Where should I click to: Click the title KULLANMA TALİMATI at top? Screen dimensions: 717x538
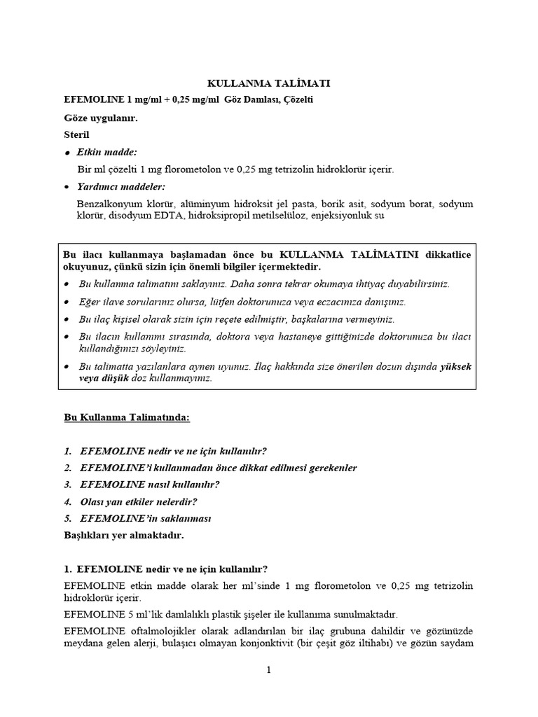pyautogui.click(x=268, y=83)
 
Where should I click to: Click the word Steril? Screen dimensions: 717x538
pyautogui.click(x=76, y=134)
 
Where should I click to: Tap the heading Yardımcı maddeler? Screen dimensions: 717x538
pyautogui.click(x=121, y=186)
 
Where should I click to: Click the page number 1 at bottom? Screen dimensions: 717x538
pyautogui.click(x=268, y=669)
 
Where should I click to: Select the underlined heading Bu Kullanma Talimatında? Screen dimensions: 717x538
pyautogui.click(x=126, y=418)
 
